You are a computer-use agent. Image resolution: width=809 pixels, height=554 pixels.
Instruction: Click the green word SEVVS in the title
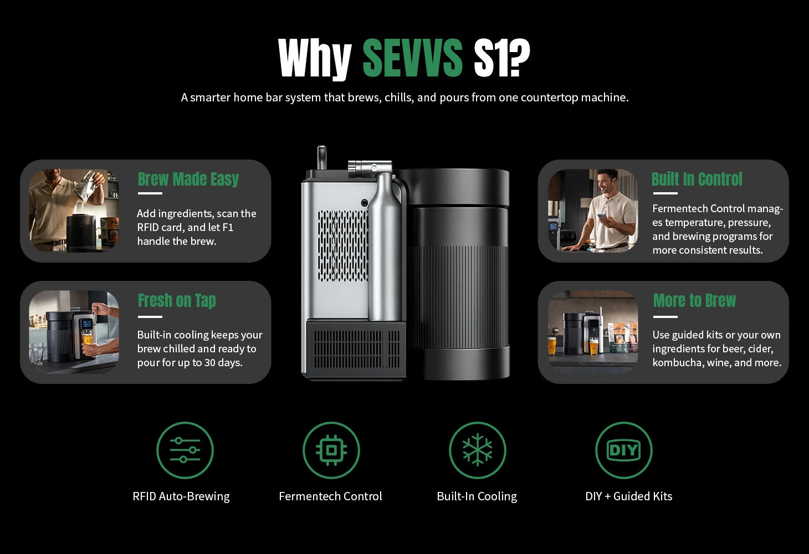coord(412,58)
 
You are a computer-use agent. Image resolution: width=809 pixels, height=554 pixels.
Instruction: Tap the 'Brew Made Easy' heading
coord(188,179)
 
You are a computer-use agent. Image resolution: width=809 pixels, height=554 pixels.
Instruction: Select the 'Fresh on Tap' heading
coord(177,300)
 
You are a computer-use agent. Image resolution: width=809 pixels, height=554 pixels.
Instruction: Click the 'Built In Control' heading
coord(697,179)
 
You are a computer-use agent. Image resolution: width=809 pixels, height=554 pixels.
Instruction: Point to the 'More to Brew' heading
coord(694,300)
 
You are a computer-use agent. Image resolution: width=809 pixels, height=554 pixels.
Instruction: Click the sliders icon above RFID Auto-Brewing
coord(185,450)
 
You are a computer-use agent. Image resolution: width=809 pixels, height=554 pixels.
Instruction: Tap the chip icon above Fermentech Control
coord(331,450)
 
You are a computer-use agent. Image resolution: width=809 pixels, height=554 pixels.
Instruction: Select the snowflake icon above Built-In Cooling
coord(478,450)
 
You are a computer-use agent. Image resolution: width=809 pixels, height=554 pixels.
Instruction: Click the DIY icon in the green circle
coord(624,450)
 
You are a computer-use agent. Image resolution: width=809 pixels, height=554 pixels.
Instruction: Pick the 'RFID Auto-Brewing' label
coord(181,496)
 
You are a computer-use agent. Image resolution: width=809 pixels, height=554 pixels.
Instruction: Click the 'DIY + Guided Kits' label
coord(629,496)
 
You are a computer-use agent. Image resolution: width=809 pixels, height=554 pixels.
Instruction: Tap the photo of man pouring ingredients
coord(74,211)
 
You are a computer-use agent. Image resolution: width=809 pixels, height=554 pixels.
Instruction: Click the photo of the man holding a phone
coord(593,211)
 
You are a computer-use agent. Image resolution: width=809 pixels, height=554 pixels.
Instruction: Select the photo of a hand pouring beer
coord(74,332)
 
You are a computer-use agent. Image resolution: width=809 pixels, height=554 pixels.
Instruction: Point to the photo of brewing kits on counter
coord(593,332)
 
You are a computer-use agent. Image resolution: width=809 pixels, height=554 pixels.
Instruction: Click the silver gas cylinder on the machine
coord(385,245)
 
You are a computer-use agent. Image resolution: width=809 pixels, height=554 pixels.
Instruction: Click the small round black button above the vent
coord(365,203)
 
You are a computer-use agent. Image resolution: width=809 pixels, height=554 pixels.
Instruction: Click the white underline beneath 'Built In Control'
coord(665,193)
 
